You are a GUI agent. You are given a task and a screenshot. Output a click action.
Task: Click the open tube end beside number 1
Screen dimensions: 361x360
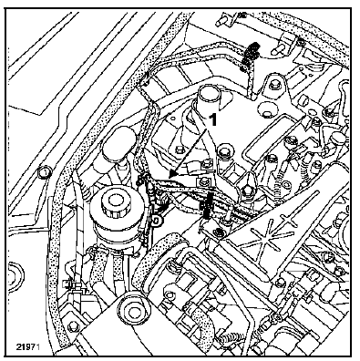pyautogui.click(x=209, y=96)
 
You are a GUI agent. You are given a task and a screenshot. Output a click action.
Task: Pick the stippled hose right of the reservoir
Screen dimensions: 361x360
pyautogui.click(x=170, y=241)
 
